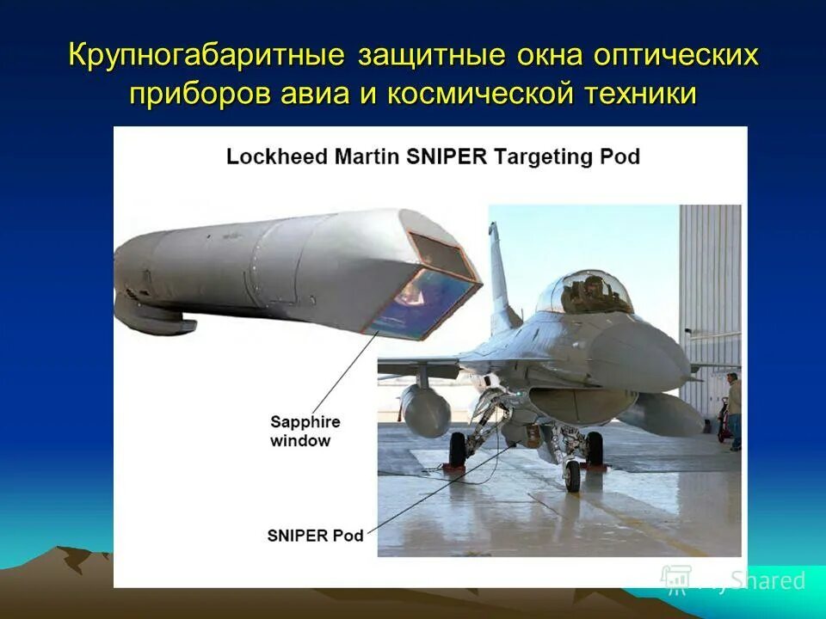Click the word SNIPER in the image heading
(444, 157)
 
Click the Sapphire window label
(305, 431)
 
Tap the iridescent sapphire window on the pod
(425, 297)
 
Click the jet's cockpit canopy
(584, 292)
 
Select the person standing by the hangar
(733, 408)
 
